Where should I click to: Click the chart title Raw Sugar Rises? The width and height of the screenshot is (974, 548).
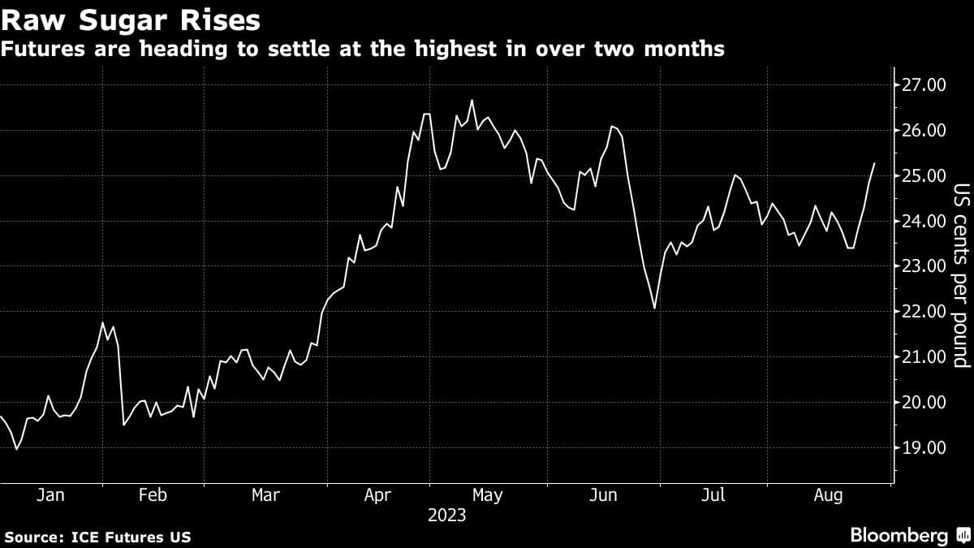point(132,18)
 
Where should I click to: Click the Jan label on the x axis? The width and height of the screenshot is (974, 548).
point(50,495)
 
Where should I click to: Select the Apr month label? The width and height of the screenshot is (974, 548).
point(378,495)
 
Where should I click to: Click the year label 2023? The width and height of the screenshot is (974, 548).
point(446,516)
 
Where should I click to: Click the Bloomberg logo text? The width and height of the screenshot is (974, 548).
point(899,535)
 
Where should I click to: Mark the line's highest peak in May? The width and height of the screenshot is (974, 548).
point(472,101)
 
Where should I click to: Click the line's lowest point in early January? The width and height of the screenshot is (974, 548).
point(16,449)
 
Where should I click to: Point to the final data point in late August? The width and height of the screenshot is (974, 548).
point(874,164)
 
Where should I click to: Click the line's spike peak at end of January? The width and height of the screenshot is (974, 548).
point(103,323)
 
